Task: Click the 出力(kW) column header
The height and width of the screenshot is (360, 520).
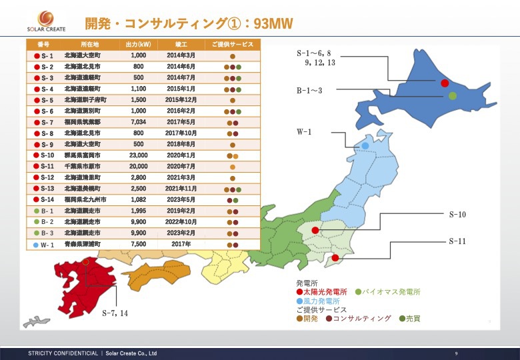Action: tap(138, 44)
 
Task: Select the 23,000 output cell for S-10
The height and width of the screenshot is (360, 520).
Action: tap(138, 155)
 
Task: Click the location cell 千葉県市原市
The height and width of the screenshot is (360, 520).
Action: tap(83, 166)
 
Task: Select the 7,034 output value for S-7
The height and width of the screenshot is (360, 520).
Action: tap(138, 122)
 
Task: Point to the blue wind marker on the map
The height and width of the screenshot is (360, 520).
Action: tap(365, 145)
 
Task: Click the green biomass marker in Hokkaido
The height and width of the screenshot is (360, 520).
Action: tap(453, 96)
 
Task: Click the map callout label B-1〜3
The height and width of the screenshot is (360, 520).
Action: tap(309, 89)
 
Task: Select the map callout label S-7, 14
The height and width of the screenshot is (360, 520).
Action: tap(115, 312)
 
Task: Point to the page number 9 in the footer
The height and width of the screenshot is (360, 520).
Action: tap(456, 353)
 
